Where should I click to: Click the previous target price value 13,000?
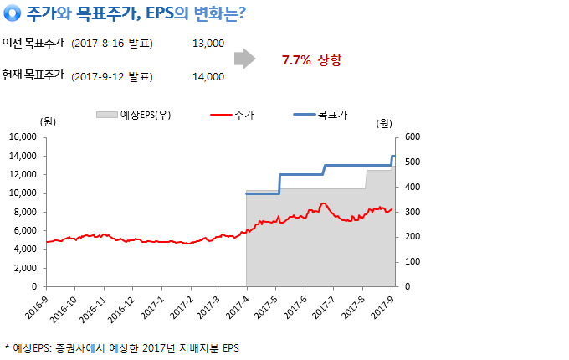(x=208, y=43)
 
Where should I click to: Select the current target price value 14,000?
(x=208, y=76)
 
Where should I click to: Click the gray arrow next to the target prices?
(x=244, y=59)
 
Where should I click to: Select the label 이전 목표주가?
(x=33, y=43)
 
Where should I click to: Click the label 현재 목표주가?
(x=33, y=75)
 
